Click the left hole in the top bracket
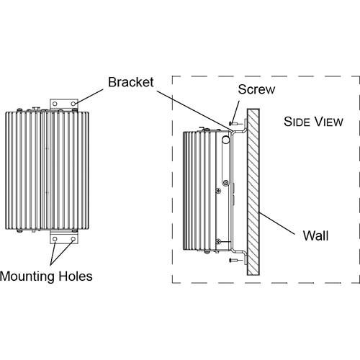(55, 104)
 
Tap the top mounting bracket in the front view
(65, 104)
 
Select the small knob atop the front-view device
(35, 109)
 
